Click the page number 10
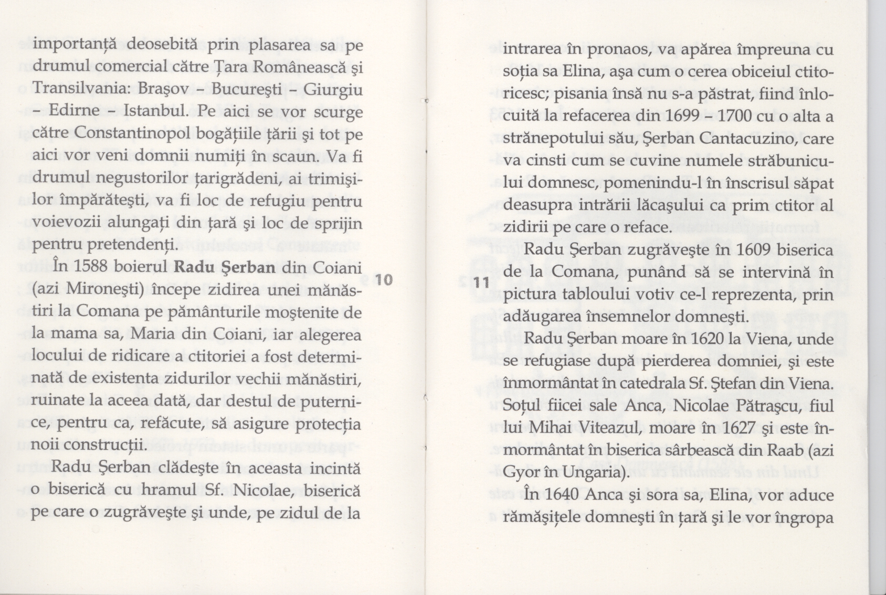[x=384, y=279]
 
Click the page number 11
[x=480, y=282]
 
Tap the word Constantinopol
[x=131, y=134]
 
